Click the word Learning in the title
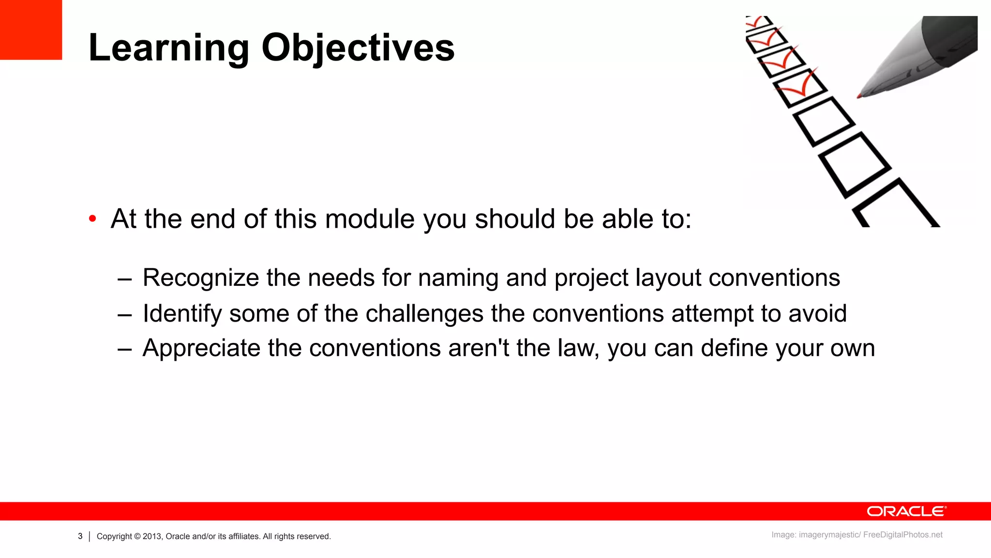point(169,47)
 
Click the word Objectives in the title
point(358,47)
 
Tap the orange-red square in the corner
point(31,30)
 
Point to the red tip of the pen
point(860,96)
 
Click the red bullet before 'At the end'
point(92,219)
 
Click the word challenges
point(424,313)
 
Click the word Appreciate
point(201,348)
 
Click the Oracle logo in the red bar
point(906,511)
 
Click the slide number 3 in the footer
point(80,536)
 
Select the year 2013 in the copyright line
point(151,536)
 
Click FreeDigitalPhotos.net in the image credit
point(902,535)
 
